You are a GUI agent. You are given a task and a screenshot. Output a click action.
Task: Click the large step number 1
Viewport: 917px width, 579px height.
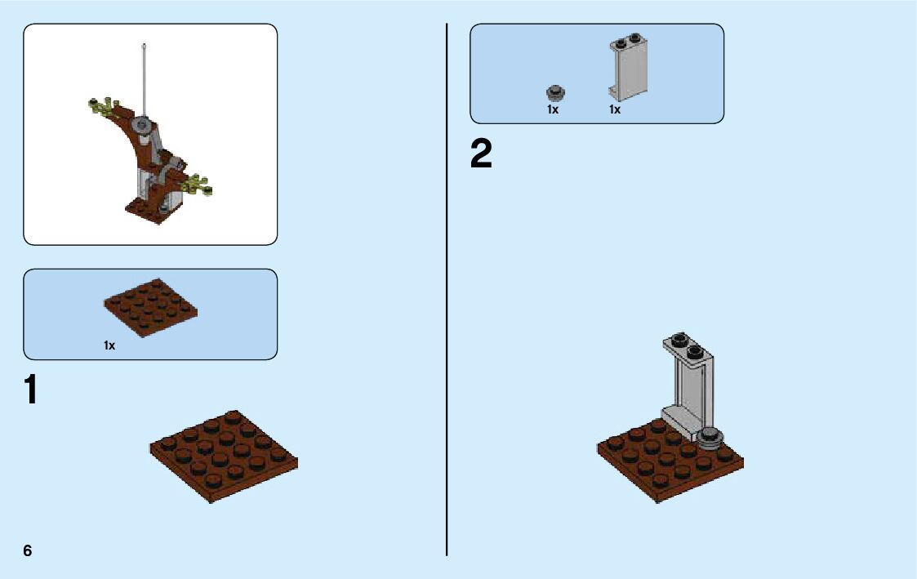30,390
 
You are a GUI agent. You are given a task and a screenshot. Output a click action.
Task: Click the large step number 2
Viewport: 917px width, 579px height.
481,154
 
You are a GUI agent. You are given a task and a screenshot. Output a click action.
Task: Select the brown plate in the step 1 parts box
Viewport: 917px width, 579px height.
151,308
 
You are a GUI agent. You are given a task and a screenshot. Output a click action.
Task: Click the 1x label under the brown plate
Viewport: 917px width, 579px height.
109,345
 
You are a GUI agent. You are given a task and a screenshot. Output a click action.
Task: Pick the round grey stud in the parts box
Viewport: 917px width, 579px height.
555,91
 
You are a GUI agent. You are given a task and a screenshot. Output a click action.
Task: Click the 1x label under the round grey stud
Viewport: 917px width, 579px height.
553,109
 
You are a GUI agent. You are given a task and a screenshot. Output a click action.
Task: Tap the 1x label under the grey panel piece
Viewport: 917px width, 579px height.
615,109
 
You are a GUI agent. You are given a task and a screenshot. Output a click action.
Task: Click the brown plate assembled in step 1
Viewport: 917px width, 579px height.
223,455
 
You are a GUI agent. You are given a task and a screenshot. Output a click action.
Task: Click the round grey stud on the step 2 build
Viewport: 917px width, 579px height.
711,438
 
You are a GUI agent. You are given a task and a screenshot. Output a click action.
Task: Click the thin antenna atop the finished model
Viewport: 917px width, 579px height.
144,78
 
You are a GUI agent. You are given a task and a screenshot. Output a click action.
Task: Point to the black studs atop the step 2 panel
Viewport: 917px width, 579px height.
687,345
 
